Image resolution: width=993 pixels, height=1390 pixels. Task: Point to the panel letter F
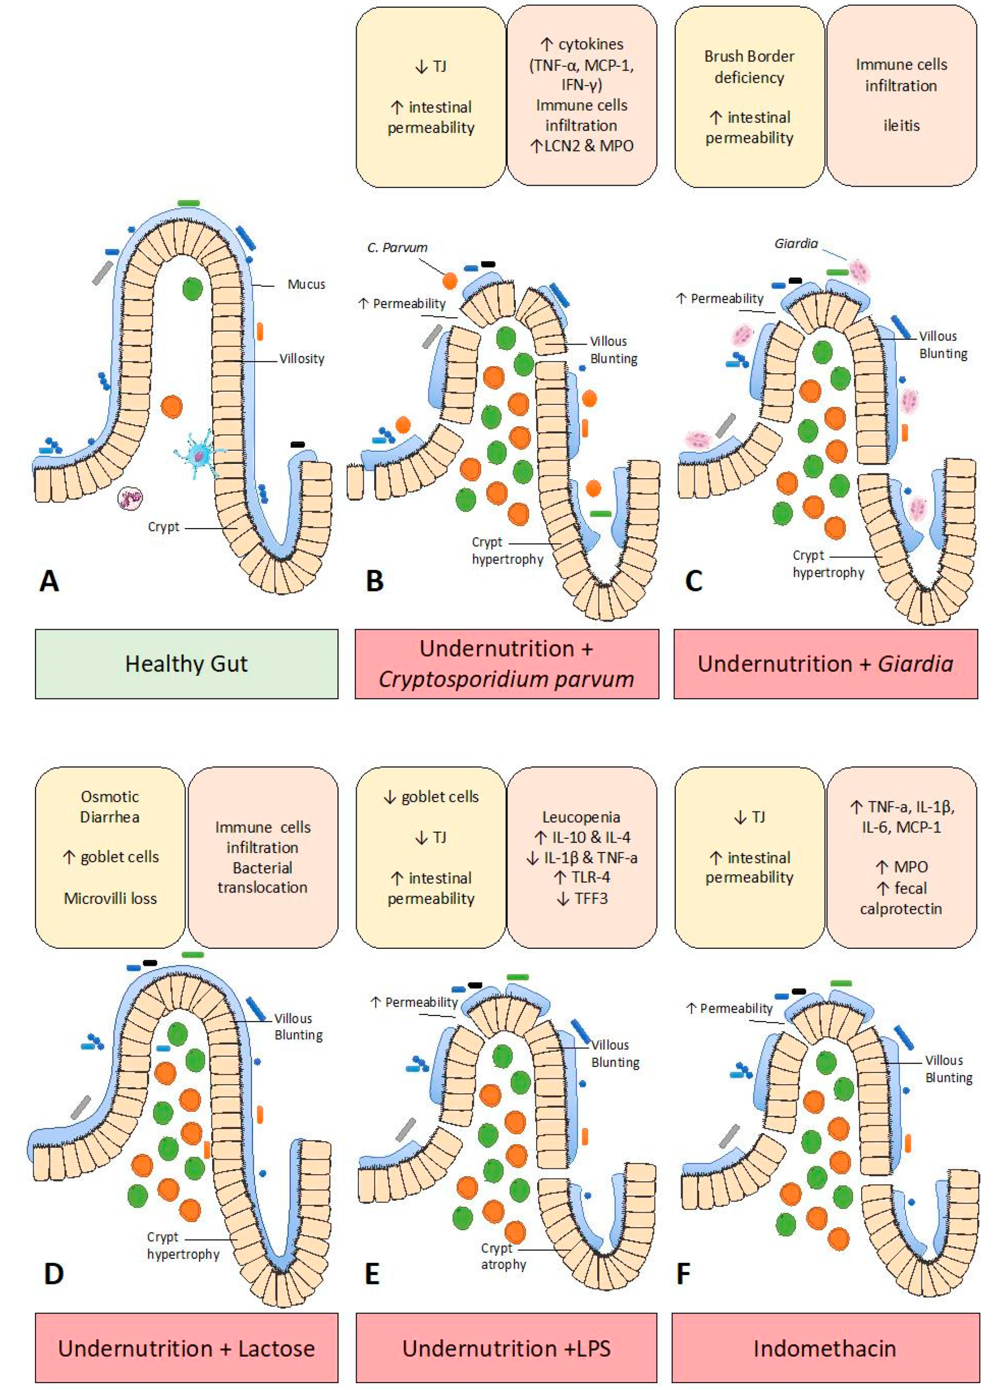(683, 1274)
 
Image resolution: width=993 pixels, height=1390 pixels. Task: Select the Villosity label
(301, 359)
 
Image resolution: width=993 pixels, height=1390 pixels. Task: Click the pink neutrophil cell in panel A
(130, 499)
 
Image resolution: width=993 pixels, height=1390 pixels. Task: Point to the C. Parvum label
(397, 248)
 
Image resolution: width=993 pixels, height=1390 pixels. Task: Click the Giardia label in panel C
(796, 243)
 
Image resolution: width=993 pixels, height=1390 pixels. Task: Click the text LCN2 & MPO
(582, 145)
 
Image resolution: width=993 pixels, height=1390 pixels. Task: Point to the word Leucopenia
(581, 817)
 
